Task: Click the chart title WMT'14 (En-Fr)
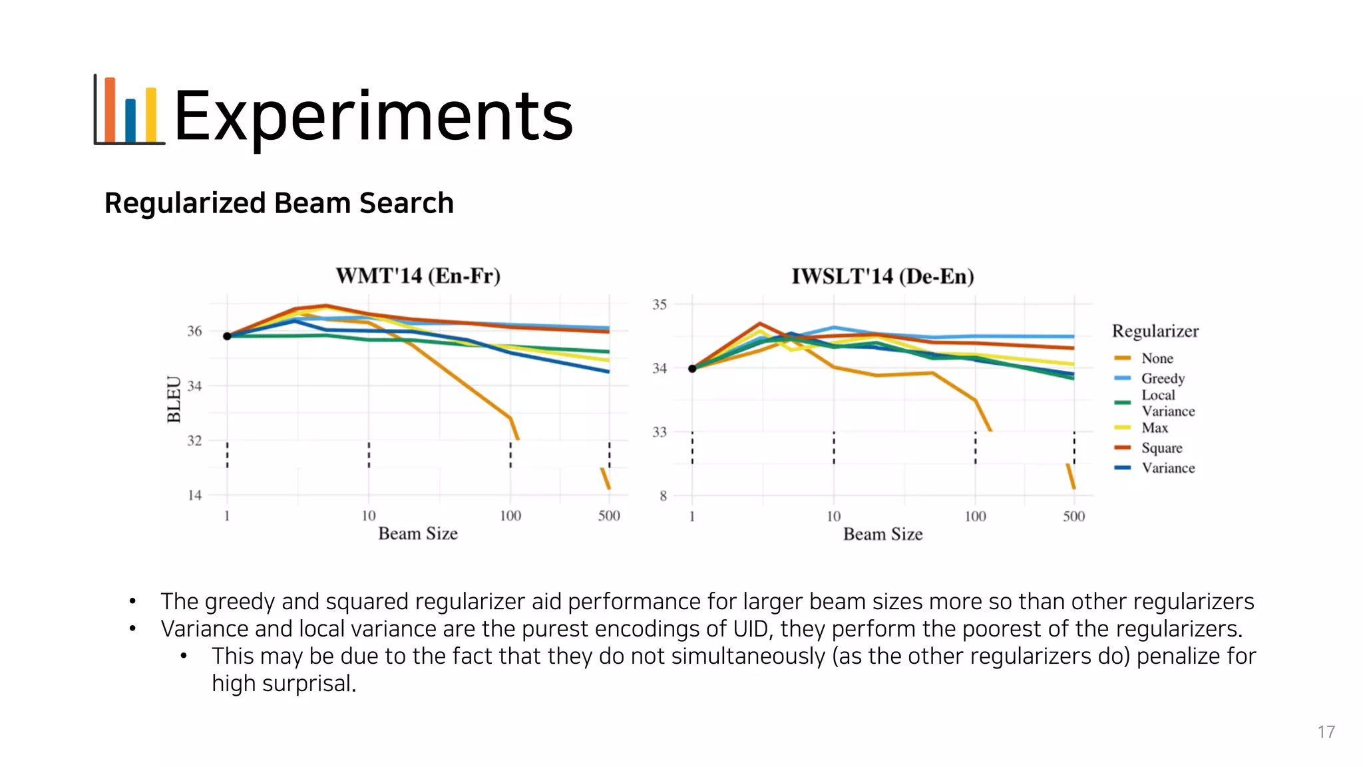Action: pyautogui.click(x=418, y=276)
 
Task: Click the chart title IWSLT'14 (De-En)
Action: pyautogui.click(x=882, y=276)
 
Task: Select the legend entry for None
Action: pyautogui.click(x=1157, y=358)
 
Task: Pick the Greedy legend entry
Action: pyautogui.click(x=1163, y=378)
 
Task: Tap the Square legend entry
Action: pyautogui.click(x=1161, y=447)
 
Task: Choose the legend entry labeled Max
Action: pyautogui.click(x=1155, y=427)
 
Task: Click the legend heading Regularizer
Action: pyautogui.click(x=1155, y=331)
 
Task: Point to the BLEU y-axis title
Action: pyautogui.click(x=174, y=399)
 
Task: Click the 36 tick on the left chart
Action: pyautogui.click(x=194, y=331)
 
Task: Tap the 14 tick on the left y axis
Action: pyautogui.click(x=194, y=495)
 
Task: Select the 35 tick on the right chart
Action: pyautogui.click(x=659, y=304)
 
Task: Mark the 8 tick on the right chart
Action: pyautogui.click(x=663, y=495)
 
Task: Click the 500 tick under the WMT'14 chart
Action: pyautogui.click(x=609, y=515)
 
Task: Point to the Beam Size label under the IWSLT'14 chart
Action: pyautogui.click(x=882, y=534)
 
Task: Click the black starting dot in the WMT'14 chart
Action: pyautogui.click(x=227, y=336)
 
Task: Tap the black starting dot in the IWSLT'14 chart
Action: pyautogui.click(x=692, y=368)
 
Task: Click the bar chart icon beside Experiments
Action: pyautogui.click(x=128, y=111)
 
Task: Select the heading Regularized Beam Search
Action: pyautogui.click(x=279, y=203)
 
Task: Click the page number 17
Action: pyautogui.click(x=1326, y=732)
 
